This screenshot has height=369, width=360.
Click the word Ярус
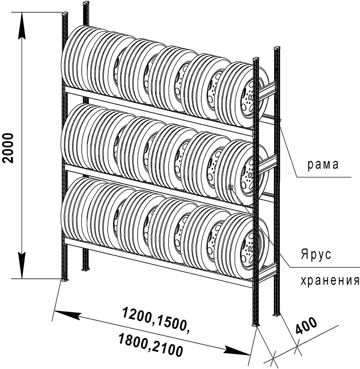[x=316, y=255]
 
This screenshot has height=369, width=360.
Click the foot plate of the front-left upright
[x=65, y=280]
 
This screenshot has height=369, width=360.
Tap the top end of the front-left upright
[x=65, y=16]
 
